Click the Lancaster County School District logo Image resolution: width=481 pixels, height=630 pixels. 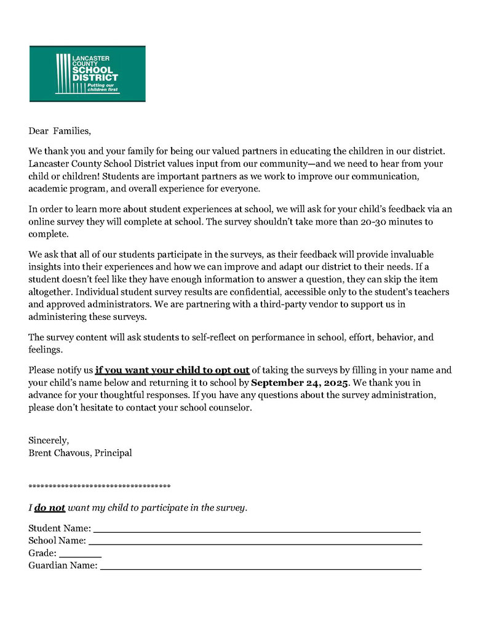pyautogui.click(x=87, y=73)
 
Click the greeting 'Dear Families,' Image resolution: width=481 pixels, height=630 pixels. pyautogui.click(x=59, y=131)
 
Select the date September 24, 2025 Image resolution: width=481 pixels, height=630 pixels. pyautogui.click(x=300, y=383)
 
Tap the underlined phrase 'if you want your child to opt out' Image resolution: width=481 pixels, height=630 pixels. pyautogui.click(x=172, y=370)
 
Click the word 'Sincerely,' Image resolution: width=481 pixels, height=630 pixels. pyautogui.click(x=49, y=441)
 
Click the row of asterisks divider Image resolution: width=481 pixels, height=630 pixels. pyautogui.click(x=99, y=487)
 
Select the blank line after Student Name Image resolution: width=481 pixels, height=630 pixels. pyautogui.click(x=256, y=529)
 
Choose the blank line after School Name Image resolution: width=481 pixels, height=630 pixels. pyautogui.click(x=255, y=541)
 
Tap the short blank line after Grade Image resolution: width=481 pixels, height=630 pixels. pyautogui.click(x=81, y=554)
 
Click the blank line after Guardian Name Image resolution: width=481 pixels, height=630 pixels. pyautogui.click(x=261, y=567)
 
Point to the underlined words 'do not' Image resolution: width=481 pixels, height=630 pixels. pyautogui.click(x=50, y=508)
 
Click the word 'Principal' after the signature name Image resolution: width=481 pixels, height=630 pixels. pyautogui.click(x=113, y=453)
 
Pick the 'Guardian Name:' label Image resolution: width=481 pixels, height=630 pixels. pyautogui.click(x=63, y=566)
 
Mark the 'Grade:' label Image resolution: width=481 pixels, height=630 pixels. pyautogui.click(x=42, y=554)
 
